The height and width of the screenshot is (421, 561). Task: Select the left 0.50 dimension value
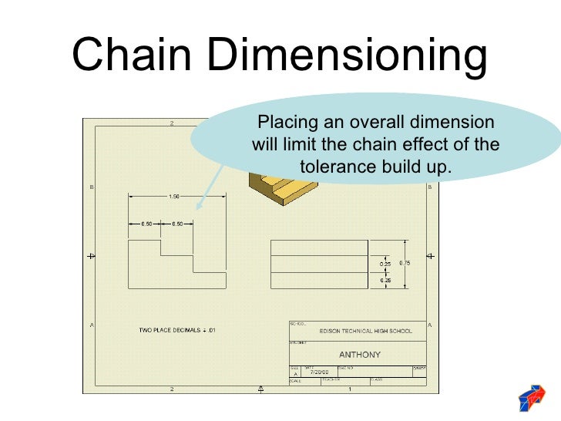pyautogui.click(x=146, y=224)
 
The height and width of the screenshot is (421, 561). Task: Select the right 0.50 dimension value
pyautogui.click(x=177, y=224)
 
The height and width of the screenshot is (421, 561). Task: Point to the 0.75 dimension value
pyautogui.click(x=405, y=263)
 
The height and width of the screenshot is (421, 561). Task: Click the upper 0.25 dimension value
pyautogui.click(x=385, y=264)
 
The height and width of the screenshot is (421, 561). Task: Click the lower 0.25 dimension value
pyautogui.click(x=385, y=280)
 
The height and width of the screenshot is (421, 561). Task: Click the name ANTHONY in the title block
pyautogui.click(x=359, y=355)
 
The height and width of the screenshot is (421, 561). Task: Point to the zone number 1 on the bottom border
pyautogui.click(x=351, y=389)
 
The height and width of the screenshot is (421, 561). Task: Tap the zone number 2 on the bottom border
pyautogui.click(x=171, y=389)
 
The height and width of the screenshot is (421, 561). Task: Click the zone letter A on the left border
pyautogui.click(x=92, y=325)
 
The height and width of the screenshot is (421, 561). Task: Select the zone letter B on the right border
pyautogui.click(x=429, y=186)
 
